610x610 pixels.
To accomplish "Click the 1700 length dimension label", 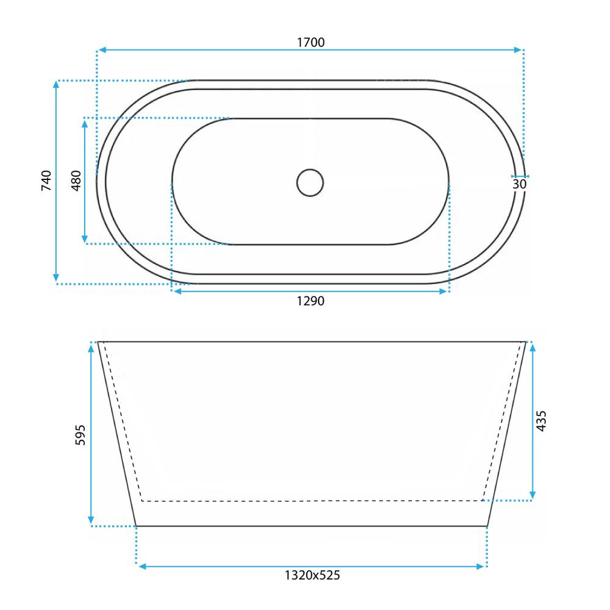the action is tap(310, 42).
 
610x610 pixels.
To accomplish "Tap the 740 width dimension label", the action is tap(46, 181).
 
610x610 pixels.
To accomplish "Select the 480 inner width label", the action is tap(76, 181).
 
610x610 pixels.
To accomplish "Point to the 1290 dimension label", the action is tap(310, 301).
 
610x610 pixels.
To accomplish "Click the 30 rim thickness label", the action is tap(519, 184).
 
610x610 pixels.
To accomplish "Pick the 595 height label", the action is tap(80, 435).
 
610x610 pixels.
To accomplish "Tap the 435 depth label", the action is tap(541, 421).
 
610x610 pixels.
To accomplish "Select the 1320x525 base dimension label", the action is tap(312, 575).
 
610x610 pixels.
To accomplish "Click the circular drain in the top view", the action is tap(310, 182).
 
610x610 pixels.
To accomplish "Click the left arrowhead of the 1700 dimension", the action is tap(102, 50).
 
